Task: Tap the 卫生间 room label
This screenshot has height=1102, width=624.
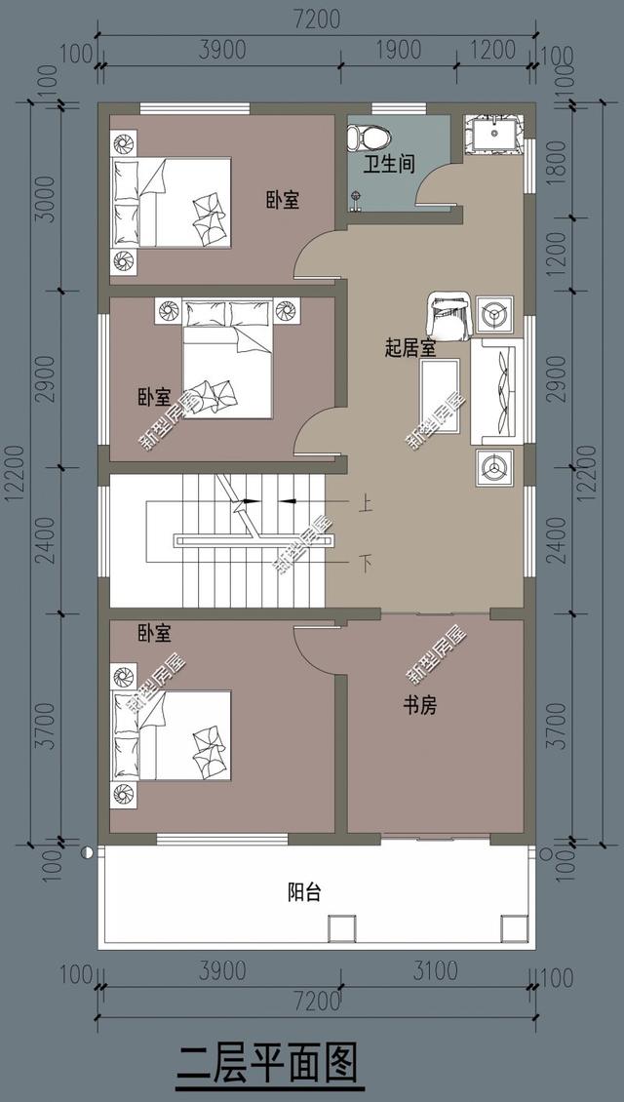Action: pyautogui.click(x=390, y=164)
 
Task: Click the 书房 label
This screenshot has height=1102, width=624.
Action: pyautogui.click(x=419, y=706)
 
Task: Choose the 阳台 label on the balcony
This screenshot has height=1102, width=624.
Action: pyautogui.click(x=304, y=891)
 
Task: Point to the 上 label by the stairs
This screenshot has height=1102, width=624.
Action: pyautogui.click(x=366, y=504)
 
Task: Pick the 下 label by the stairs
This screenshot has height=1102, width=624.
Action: pyautogui.click(x=366, y=563)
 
